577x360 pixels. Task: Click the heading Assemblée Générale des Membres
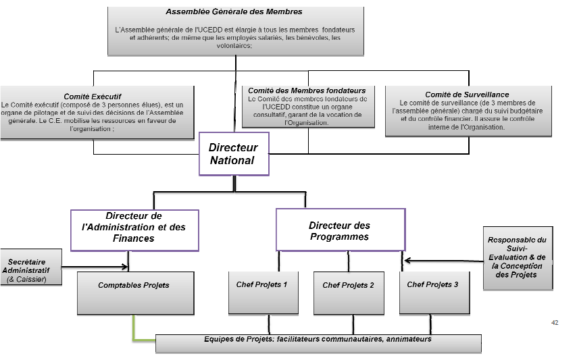click(234, 11)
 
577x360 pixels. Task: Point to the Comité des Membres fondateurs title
click(307, 90)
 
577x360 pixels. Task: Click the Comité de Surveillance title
click(467, 95)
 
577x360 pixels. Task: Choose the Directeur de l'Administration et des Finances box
click(136, 228)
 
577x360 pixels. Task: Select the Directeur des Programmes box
click(341, 230)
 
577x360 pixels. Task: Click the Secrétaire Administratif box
click(30, 265)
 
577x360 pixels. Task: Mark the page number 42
click(555, 323)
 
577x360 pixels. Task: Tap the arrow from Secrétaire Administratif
click(95, 266)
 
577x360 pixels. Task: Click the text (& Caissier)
click(26, 279)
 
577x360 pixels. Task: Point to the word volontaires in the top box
click(234, 47)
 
